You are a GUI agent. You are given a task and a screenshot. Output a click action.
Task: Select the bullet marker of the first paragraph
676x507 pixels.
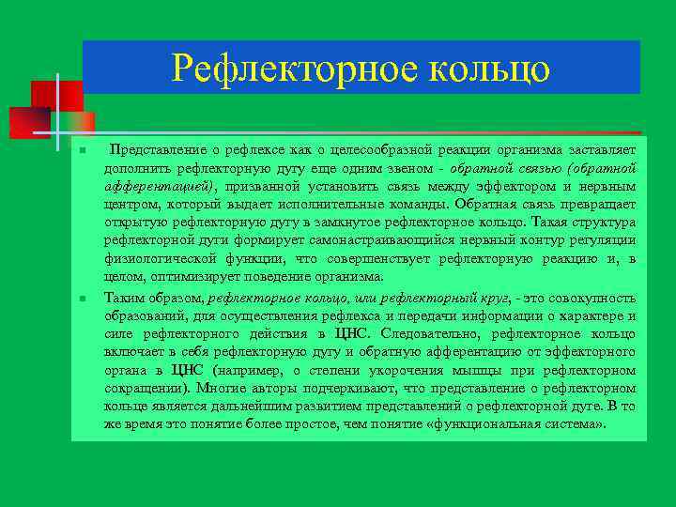83,150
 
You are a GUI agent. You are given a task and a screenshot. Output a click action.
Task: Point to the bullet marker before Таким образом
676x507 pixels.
83,298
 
